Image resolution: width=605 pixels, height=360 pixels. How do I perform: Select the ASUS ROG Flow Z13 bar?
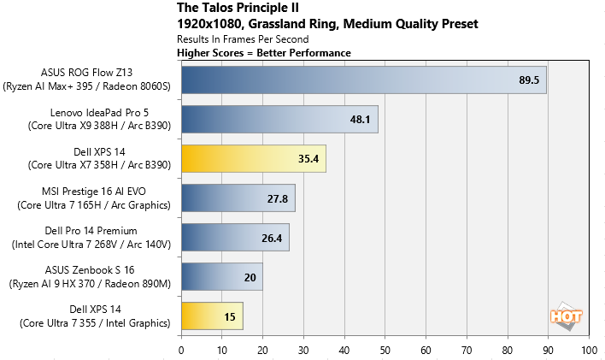363,80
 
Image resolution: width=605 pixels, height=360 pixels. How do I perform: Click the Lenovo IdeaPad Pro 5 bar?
279,119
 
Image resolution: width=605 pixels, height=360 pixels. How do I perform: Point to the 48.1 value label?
361,119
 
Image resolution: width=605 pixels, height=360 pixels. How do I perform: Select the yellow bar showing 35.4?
253,158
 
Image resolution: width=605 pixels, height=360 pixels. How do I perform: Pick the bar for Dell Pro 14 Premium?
235,237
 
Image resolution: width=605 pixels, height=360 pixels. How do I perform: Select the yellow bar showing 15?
212,316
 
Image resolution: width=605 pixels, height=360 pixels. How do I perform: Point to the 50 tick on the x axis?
385,350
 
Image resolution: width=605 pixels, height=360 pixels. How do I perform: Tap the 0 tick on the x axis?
181,350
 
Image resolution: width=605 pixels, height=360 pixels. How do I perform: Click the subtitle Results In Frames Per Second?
242,39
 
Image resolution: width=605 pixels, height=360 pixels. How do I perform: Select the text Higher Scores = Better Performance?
263,53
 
